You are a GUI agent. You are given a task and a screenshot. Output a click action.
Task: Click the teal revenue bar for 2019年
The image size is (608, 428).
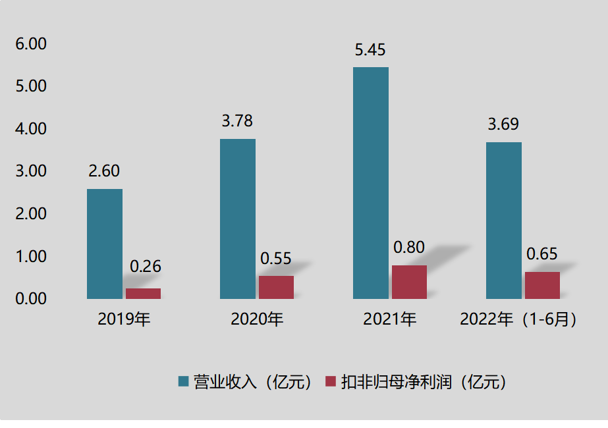coord(105,244)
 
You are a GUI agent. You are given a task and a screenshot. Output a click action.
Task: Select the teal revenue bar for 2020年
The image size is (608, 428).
coord(238,219)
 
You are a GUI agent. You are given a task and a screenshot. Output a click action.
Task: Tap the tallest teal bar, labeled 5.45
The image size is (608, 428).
coord(371,183)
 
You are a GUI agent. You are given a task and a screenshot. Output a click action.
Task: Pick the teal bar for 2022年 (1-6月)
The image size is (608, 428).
coord(504,221)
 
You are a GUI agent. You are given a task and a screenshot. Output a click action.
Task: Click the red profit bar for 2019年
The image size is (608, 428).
coord(143,294)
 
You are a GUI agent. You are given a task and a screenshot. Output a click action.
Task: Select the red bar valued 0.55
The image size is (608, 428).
coord(276,287)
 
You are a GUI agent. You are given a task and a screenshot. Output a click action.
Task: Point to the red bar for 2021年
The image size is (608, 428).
coord(409,282)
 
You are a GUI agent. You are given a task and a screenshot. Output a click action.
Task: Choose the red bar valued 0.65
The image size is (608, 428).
coord(542,285)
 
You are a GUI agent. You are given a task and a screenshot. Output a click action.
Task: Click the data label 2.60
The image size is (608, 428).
coord(104,171)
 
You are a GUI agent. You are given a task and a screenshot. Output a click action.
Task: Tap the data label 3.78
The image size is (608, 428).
coord(237,121)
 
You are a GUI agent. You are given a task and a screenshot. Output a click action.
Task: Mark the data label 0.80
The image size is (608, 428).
coord(409,248)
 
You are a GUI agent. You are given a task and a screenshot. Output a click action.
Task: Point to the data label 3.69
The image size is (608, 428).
coord(503,124)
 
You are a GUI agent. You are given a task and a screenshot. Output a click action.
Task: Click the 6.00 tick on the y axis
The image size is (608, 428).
coord(31,44)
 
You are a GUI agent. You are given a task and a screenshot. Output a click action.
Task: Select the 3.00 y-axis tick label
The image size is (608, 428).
coord(31,171)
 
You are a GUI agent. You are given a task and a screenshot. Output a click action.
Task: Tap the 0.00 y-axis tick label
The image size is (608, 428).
coord(31,298)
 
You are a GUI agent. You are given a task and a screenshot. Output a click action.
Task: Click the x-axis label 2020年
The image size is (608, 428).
coord(257,320)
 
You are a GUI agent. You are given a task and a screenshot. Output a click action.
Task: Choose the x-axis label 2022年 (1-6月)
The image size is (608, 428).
coord(519,320)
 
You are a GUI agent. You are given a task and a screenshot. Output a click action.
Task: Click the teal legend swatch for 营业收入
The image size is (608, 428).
coord(184,382)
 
